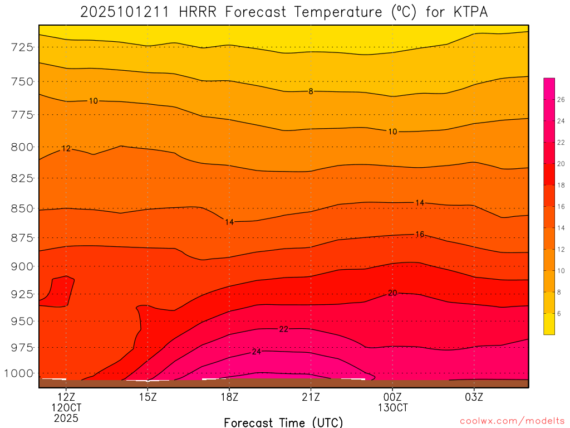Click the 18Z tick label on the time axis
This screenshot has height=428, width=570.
point(229,397)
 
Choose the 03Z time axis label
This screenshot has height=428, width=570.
point(474,397)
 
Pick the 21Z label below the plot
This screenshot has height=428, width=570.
point(311,397)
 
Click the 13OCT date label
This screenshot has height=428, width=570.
point(392,408)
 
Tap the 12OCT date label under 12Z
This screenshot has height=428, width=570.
point(66,408)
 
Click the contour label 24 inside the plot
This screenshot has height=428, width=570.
point(257,352)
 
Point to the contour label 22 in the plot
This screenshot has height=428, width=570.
point(284,329)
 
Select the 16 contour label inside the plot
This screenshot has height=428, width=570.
point(420,234)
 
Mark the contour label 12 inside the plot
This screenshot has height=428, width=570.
point(66,149)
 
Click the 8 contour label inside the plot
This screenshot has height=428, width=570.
point(311,91)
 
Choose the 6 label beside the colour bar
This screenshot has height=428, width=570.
point(559,313)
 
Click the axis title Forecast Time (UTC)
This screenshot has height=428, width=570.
point(283,422)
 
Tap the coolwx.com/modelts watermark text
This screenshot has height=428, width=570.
point(512,420)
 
